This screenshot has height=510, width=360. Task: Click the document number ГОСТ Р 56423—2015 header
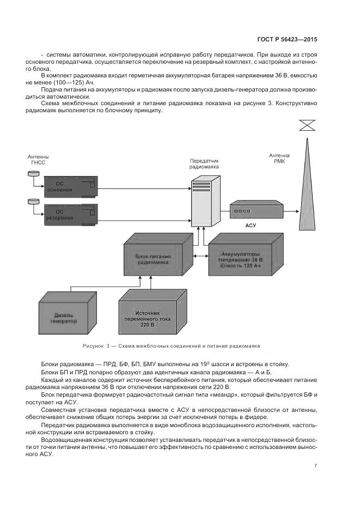[x=288, y=40]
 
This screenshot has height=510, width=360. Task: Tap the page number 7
[x=316, y=465]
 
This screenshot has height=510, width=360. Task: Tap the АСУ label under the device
[x=251, y=225]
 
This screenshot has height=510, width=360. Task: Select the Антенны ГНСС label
[x=38, y=160]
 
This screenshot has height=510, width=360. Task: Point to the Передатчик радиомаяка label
[x=204, y=164]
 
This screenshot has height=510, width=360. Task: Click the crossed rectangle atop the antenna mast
[x=308, y=126]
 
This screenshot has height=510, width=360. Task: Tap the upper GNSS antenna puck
[x=32, y=173]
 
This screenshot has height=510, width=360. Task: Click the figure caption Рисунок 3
[x=171, y=345]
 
